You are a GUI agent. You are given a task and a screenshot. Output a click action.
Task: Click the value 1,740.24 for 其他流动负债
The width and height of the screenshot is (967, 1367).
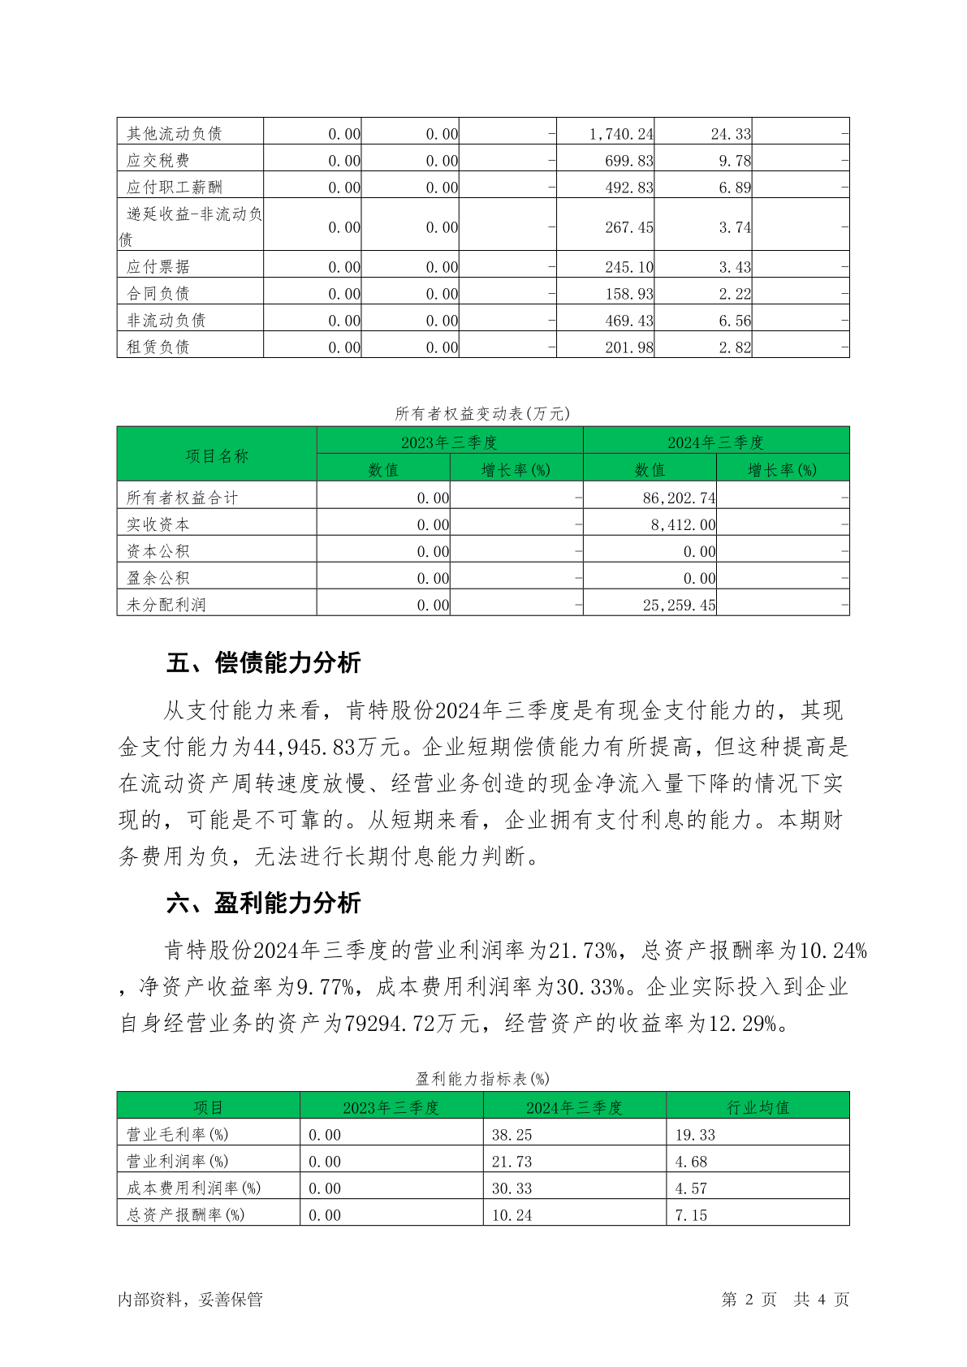tap(620, 134)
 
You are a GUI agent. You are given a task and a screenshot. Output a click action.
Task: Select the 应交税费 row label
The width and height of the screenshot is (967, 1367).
tap(158, 161)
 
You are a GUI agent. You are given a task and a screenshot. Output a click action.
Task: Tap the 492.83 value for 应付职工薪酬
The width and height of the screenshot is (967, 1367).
tap(628, 188)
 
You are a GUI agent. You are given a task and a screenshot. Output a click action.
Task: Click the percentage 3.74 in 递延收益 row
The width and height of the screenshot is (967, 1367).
tap(734, 228)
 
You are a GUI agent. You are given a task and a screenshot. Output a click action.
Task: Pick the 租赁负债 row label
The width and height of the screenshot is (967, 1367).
tap(158, 347)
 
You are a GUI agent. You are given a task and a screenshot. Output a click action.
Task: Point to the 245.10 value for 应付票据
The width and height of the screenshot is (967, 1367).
tap(628, 267)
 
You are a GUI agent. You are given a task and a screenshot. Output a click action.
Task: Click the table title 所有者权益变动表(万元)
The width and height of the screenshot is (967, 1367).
tap(482, 414)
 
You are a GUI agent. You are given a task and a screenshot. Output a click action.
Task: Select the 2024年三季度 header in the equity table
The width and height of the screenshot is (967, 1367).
tap(715, 442)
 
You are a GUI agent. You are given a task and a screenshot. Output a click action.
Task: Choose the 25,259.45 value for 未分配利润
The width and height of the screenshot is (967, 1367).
tap(679, 606)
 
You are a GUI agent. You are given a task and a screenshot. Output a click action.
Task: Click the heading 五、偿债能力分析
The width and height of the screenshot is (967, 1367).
tap(263, 663)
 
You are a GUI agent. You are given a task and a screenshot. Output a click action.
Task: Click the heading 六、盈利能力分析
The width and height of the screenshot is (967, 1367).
tap(263, 903)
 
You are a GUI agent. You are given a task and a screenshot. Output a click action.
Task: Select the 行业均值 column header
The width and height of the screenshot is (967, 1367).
tap(758, 1108)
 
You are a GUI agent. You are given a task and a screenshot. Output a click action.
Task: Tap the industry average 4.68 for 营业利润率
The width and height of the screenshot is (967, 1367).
tap(691, 1162)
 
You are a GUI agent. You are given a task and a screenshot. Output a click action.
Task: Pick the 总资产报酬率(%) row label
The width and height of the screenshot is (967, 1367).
tap(185, 1215)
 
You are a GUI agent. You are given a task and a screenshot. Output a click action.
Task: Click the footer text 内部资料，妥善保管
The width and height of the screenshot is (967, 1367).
tap(190, 1300)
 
